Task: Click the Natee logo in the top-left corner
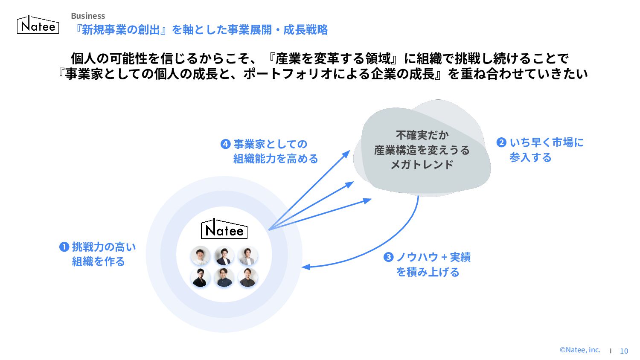coord(38,25)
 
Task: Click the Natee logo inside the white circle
coord(224,229)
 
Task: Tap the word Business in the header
coord(88,16)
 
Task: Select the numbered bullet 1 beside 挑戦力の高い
coord(64,247)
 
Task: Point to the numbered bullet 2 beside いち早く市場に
coord(501,142)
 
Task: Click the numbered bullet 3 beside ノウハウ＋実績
coord(388,257)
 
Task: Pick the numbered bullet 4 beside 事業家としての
coord(225,144)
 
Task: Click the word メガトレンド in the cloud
coord(422,165)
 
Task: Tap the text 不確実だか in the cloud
coord(422,135)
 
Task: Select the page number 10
coord(624,351)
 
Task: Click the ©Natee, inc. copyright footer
coord(579,350)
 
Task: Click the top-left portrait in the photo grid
coord(200,255)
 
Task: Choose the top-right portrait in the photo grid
coord(248,255)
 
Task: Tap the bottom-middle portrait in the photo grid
coord(224,277)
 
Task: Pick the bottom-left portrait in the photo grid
coord(200,277)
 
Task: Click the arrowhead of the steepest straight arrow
coord(348,152)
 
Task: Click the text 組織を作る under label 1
coord(98,261)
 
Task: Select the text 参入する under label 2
coord(530,157)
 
